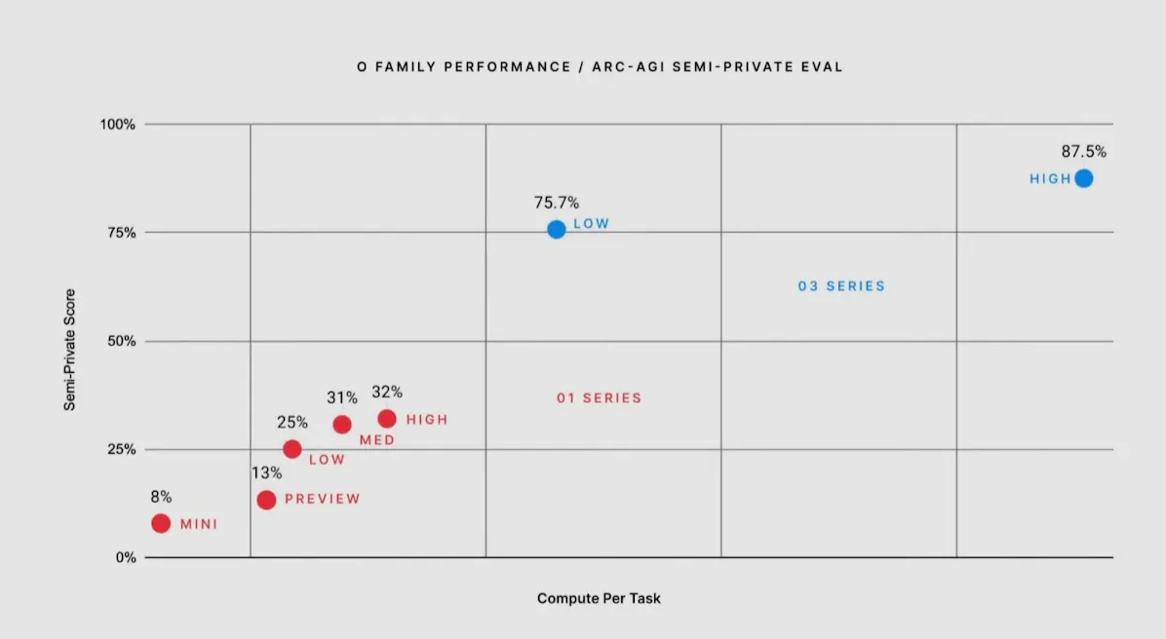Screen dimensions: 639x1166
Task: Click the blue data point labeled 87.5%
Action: pos(1083,178)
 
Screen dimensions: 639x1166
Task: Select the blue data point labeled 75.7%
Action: pos(556,229)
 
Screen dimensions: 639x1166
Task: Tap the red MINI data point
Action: pos(161,523)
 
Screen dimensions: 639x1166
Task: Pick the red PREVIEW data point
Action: pos(266,500)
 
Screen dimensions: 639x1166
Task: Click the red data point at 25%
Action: pos(291,449)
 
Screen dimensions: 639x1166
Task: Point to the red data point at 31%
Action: pos(342,425)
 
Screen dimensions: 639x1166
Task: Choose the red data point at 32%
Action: pos(387,419)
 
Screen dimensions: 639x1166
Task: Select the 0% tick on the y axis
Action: pos(125,558)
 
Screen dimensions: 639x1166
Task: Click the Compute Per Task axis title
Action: pos(599,598)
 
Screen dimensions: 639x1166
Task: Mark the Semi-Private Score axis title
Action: pos(70,349)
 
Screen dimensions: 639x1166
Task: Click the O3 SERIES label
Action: pos(841,286)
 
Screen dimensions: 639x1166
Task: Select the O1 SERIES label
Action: pos(599,397)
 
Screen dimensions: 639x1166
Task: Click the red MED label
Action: pos(377,440)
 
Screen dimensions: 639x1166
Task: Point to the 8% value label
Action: pos(161,497)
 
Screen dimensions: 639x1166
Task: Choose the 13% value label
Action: pos(266,472)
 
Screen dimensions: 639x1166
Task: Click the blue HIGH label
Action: pos(1050,179)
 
